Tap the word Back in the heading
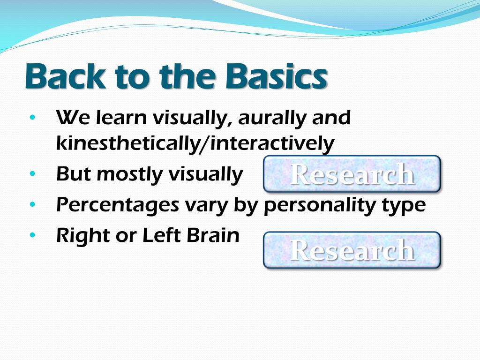click(65, 75)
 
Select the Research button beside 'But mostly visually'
click(352, 174)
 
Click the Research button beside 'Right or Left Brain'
click(352, 250)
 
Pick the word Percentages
click(118, 205)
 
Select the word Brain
click(213, 235)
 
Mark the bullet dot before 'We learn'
click(32, 117)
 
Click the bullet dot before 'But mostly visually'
click(32, 173)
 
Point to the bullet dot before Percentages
click(32, 204)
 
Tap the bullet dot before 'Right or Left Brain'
click(32, 235)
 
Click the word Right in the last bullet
click(83, 236)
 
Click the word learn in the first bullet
click(121, 117)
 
